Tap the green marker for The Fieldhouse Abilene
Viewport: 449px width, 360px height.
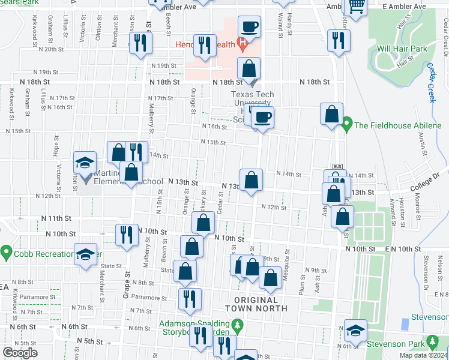[x=346, y=125]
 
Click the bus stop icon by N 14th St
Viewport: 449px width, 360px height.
[x=337, y=166]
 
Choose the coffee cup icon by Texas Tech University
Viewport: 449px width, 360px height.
[x=263, y=117]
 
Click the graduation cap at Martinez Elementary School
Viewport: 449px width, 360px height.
[x=85, y=162]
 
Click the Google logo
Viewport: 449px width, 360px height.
[x=20, y=353]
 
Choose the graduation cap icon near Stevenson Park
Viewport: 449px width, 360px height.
[x=355, y=330]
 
